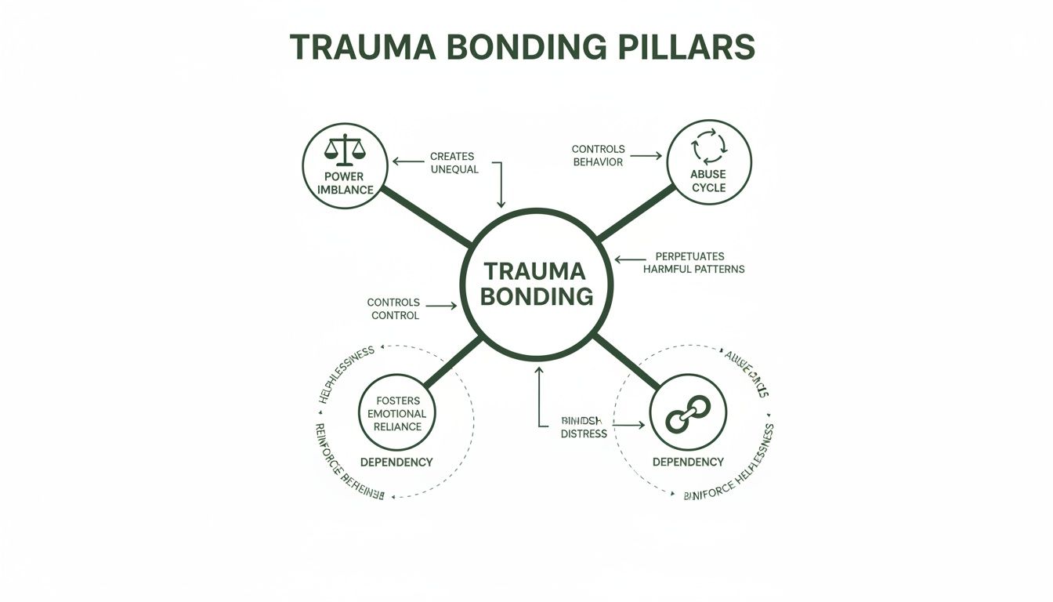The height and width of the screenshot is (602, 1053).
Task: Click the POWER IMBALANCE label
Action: pos(344,183)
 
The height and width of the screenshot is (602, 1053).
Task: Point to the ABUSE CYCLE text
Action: pos(708,181)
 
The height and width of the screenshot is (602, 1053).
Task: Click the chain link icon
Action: pos(687,413)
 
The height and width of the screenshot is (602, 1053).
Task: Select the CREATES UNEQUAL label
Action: pos(454,163)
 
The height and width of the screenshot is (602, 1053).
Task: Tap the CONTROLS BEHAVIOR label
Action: pos(598,155)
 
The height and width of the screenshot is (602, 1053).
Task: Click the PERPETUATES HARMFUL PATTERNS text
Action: pos(693,263)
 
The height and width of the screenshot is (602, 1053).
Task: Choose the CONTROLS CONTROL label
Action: pos(393,309)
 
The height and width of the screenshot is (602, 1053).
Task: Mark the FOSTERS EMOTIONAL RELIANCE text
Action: pos(398,414)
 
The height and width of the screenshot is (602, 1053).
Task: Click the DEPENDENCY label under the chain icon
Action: pos(688,462)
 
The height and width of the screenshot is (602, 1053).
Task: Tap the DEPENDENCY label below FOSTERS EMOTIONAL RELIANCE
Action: pos(396,462)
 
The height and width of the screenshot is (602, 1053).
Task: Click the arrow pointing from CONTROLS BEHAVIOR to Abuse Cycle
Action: pos(646,156)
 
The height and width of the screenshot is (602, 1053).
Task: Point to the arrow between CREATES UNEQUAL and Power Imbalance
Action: pos(407,161)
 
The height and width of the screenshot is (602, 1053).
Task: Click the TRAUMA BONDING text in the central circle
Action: pos(536,284)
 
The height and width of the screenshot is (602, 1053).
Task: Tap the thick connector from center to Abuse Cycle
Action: pos(636,212)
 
